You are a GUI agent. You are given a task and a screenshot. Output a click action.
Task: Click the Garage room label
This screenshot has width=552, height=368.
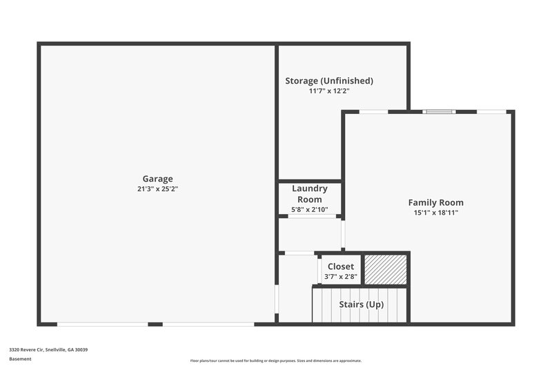(x=157, y=179)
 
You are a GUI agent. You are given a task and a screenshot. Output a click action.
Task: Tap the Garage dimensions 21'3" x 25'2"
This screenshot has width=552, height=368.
(x=157, y=188)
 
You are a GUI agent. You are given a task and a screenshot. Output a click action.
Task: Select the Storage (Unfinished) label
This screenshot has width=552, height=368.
(x=329, y=81)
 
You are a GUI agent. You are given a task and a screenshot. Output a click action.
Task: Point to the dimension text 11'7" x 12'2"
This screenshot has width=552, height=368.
(x=329, y=90)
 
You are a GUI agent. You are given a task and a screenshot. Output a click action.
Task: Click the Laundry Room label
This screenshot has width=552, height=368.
(x=310, y=194)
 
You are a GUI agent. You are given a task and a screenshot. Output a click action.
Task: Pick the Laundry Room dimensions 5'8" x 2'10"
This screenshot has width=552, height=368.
(x=310, y=209)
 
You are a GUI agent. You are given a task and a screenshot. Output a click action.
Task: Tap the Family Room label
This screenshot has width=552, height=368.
(x=435, y=203)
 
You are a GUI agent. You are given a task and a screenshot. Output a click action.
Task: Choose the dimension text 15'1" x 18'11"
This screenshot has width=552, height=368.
(x=435, y=213)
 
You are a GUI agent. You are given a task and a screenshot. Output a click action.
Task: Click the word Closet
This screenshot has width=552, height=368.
(x=341, y=267)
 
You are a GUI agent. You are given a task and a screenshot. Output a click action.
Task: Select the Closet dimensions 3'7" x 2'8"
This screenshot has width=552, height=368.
(x=341, y=277)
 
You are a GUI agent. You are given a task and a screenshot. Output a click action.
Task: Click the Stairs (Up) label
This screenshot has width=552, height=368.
(x=362, y=304)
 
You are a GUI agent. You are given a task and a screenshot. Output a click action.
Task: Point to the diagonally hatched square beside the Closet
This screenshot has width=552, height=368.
(x=385, y=269)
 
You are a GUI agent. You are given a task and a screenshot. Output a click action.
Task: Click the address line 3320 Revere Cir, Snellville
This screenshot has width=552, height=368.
(x=48, y=350)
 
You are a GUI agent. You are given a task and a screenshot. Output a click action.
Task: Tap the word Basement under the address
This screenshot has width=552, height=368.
(x=20, y=359)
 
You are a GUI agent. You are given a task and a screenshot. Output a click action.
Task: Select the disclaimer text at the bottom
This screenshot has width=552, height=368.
(x=276, y=360)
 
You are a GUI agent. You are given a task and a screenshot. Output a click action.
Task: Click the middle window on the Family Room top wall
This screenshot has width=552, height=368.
(x=439, y=111)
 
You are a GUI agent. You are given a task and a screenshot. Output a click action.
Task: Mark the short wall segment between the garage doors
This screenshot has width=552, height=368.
(x=155, y=324)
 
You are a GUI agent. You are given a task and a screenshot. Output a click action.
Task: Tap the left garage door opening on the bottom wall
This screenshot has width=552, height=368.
(x=102, y=324)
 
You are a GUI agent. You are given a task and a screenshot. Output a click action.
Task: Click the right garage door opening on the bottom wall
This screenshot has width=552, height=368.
(x=208, y=324)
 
